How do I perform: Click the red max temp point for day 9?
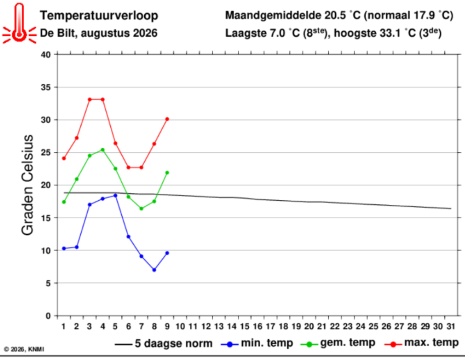click(x=167, y=119)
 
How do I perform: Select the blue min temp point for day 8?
click(x=154, y=270)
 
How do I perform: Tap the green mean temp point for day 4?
click(x=103, y=150)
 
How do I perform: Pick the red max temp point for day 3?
click(x=90, y=99)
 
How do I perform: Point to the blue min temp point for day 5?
click(x=115, y=195)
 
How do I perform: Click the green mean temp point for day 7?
click(x=141, y=209)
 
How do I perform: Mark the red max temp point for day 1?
click(x=64, y=158)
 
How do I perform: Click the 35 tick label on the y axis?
click(x=46, y=87)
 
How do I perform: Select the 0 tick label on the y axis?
click(x=48, y=316)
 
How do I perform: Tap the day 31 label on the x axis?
click(x=451, y=326)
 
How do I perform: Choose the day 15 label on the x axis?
click(x=245, y=326)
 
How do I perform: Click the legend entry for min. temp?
click(x=257, y=343)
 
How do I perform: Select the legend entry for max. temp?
click(x=421, y=343)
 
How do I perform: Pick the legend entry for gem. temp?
click(x=338, y=343)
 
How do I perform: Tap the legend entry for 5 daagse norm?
click(x=164, y=344)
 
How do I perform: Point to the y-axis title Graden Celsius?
click(x=27, y=185)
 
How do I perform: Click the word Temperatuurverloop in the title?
click(x=99, y=15)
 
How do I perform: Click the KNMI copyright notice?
click(x=24, y=349)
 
